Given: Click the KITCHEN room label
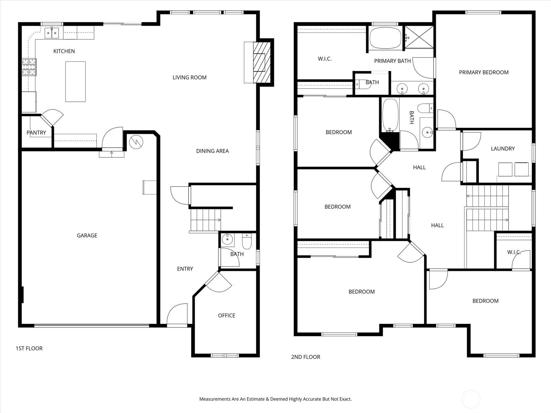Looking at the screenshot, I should pos(64,51).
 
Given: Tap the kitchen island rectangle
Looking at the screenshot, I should pos(75,82).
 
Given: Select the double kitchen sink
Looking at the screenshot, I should pos(52,33).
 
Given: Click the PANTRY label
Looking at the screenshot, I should pos(36,133).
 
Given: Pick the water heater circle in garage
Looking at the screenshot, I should pos(136,142).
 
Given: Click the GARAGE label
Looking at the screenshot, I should pos(87,235).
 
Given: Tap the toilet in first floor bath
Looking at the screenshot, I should pos(247,242).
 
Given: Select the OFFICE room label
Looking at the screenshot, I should pos(227,316).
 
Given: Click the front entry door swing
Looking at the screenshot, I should pos(177,314).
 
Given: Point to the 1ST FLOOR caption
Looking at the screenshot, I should pos(29,348).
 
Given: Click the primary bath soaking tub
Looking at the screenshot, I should pos(385,38).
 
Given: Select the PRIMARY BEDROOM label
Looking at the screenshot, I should pos(484,72).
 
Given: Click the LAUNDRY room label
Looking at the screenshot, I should pos(503,149).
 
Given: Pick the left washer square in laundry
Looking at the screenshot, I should pos(505,169).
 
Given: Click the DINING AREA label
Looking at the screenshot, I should pos(212,151).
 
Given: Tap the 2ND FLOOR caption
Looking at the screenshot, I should pos(306,357).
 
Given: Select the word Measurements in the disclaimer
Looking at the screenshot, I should pos(215,399).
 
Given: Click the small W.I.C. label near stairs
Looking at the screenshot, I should pos(514,252).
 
